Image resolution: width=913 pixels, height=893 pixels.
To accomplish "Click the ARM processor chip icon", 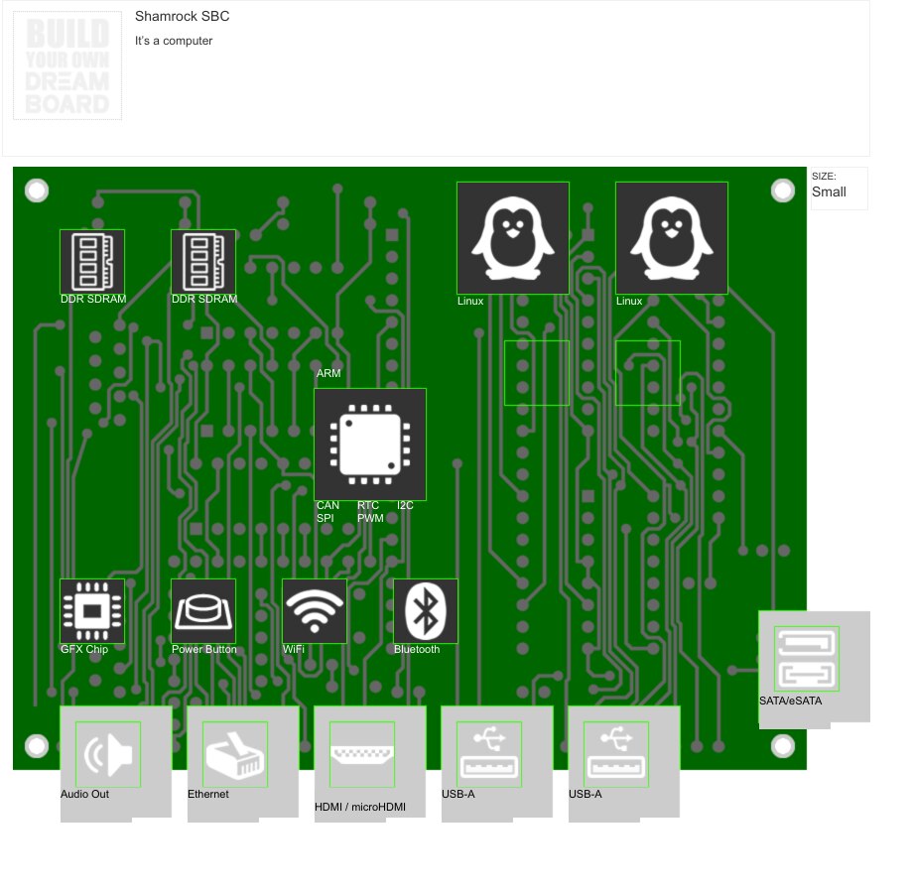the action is coord(370,445).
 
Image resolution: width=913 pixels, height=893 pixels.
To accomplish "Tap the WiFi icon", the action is coord(315,611).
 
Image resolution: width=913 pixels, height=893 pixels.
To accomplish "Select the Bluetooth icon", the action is coord(426,611).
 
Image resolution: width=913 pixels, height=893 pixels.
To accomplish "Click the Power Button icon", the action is coord(203,611).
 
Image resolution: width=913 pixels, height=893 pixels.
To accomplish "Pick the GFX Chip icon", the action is coord(92,611).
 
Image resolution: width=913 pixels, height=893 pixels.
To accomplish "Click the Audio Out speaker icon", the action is coord(108,754).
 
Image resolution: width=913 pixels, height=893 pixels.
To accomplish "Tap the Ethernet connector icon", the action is coord(235,754).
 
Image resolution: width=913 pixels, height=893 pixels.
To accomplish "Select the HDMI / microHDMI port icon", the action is coord(362,754).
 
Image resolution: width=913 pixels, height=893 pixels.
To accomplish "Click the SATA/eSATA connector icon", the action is coord(807,659).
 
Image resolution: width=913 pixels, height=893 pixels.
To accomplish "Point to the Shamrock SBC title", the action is coord(183,16).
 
